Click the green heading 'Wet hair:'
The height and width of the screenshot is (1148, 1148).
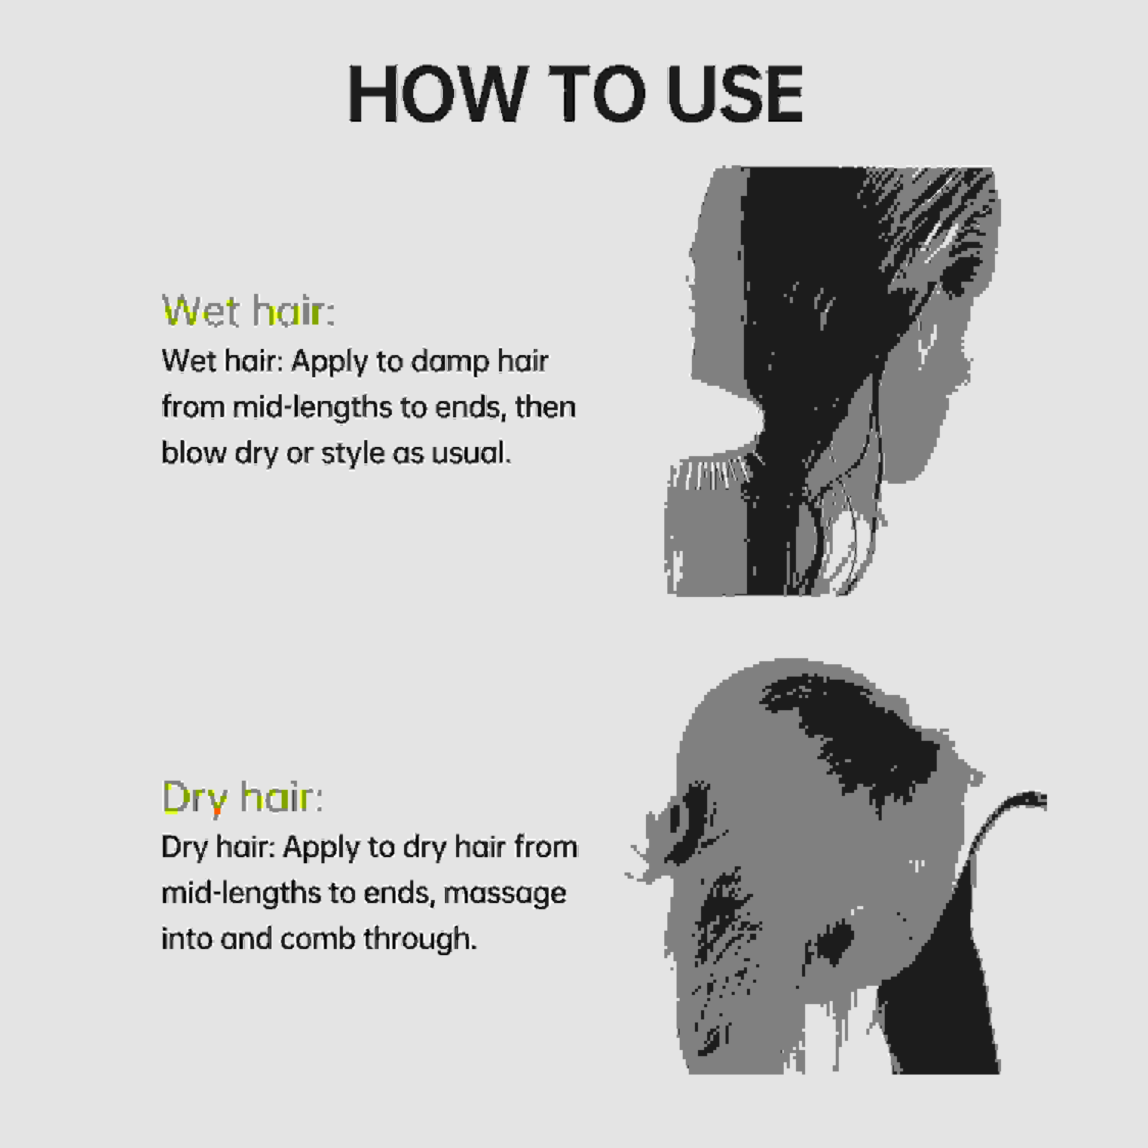(248, 310)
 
